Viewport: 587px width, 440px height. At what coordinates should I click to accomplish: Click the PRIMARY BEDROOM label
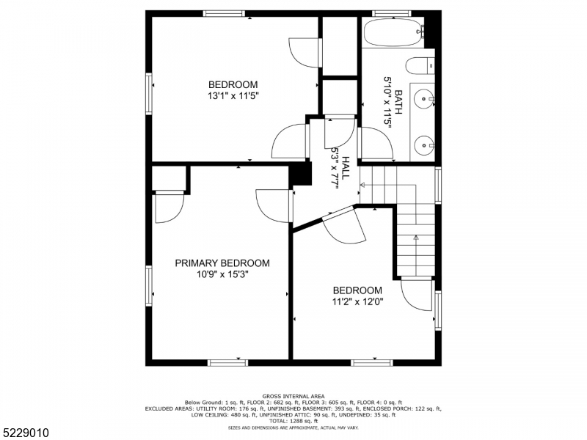(x=222, y=263)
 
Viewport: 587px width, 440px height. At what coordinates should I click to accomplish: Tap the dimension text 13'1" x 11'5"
(x=233, y=95)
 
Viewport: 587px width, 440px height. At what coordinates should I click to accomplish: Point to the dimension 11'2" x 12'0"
(x=357, y=301)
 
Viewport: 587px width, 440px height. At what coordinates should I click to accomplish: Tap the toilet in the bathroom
(x=420, y=66)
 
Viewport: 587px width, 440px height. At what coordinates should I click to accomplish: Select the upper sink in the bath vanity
(x=425, y=96)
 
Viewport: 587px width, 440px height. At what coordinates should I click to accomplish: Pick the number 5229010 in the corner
(x=25, y=433)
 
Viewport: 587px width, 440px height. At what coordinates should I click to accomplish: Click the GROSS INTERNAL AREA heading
(x=293, y=396)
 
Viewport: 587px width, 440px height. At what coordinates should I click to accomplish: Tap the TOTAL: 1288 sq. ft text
(x=293, y=420)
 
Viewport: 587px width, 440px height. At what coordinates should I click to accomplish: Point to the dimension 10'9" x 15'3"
(x=222, y=275)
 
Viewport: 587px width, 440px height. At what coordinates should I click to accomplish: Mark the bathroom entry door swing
(x=376, y=143)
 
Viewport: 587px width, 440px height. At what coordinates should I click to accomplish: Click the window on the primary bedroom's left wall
(x=150, y=285)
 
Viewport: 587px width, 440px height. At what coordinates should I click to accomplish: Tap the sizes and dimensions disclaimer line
(x=293, y=427)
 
